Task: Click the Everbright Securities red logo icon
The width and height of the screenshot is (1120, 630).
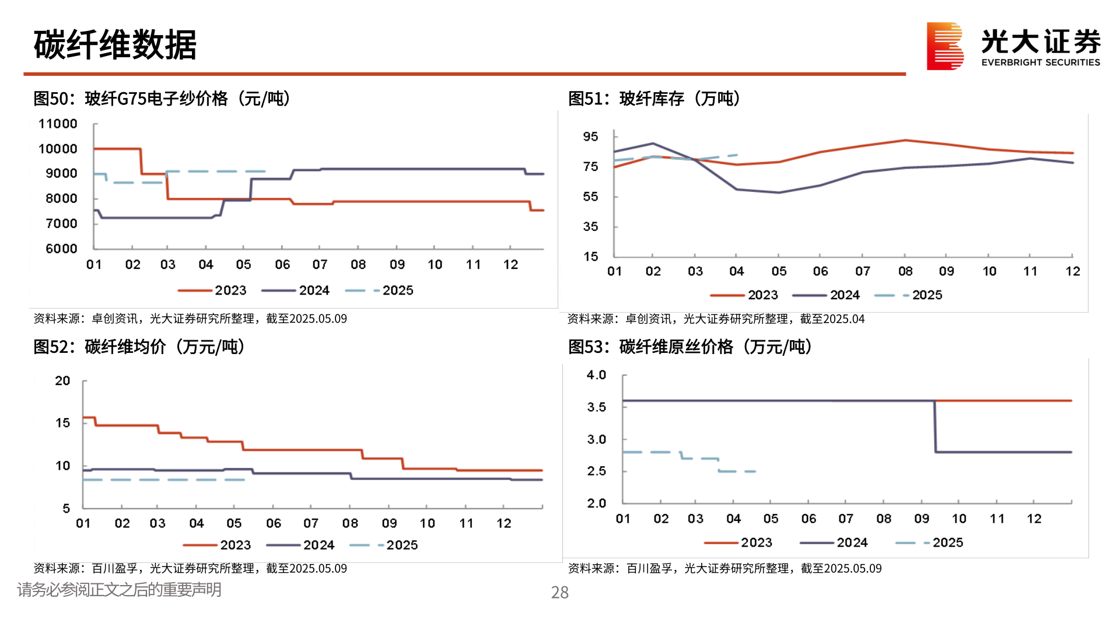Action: tap(944, 45)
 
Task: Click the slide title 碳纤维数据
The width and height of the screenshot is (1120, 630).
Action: tap(115, 44)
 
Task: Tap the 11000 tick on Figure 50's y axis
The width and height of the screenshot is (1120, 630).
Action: tap(58, 124)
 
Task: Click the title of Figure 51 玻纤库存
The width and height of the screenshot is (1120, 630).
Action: tap(654, 99)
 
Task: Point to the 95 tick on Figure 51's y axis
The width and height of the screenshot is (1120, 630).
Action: tap(590, 136)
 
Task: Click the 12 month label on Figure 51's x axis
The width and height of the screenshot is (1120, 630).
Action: tap(1072, 271)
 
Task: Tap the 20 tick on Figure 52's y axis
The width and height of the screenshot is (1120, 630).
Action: tap(62, 381)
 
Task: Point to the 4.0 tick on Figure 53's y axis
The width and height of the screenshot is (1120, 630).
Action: tap(596, 375)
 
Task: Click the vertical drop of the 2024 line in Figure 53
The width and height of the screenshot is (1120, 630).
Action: tap(935, 426)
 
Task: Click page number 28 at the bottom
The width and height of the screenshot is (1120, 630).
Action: tap(559, 593)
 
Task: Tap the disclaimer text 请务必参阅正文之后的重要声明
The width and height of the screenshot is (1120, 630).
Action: tap(119, 590)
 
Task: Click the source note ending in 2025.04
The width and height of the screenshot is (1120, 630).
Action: tap(716, 319)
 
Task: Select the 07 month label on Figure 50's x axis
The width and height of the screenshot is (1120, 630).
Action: tap(320, 265)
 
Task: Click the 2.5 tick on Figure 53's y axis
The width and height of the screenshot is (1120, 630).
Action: tap(596, 471)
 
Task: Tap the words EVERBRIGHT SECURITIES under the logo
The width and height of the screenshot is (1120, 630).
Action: tap(1040, 62)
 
